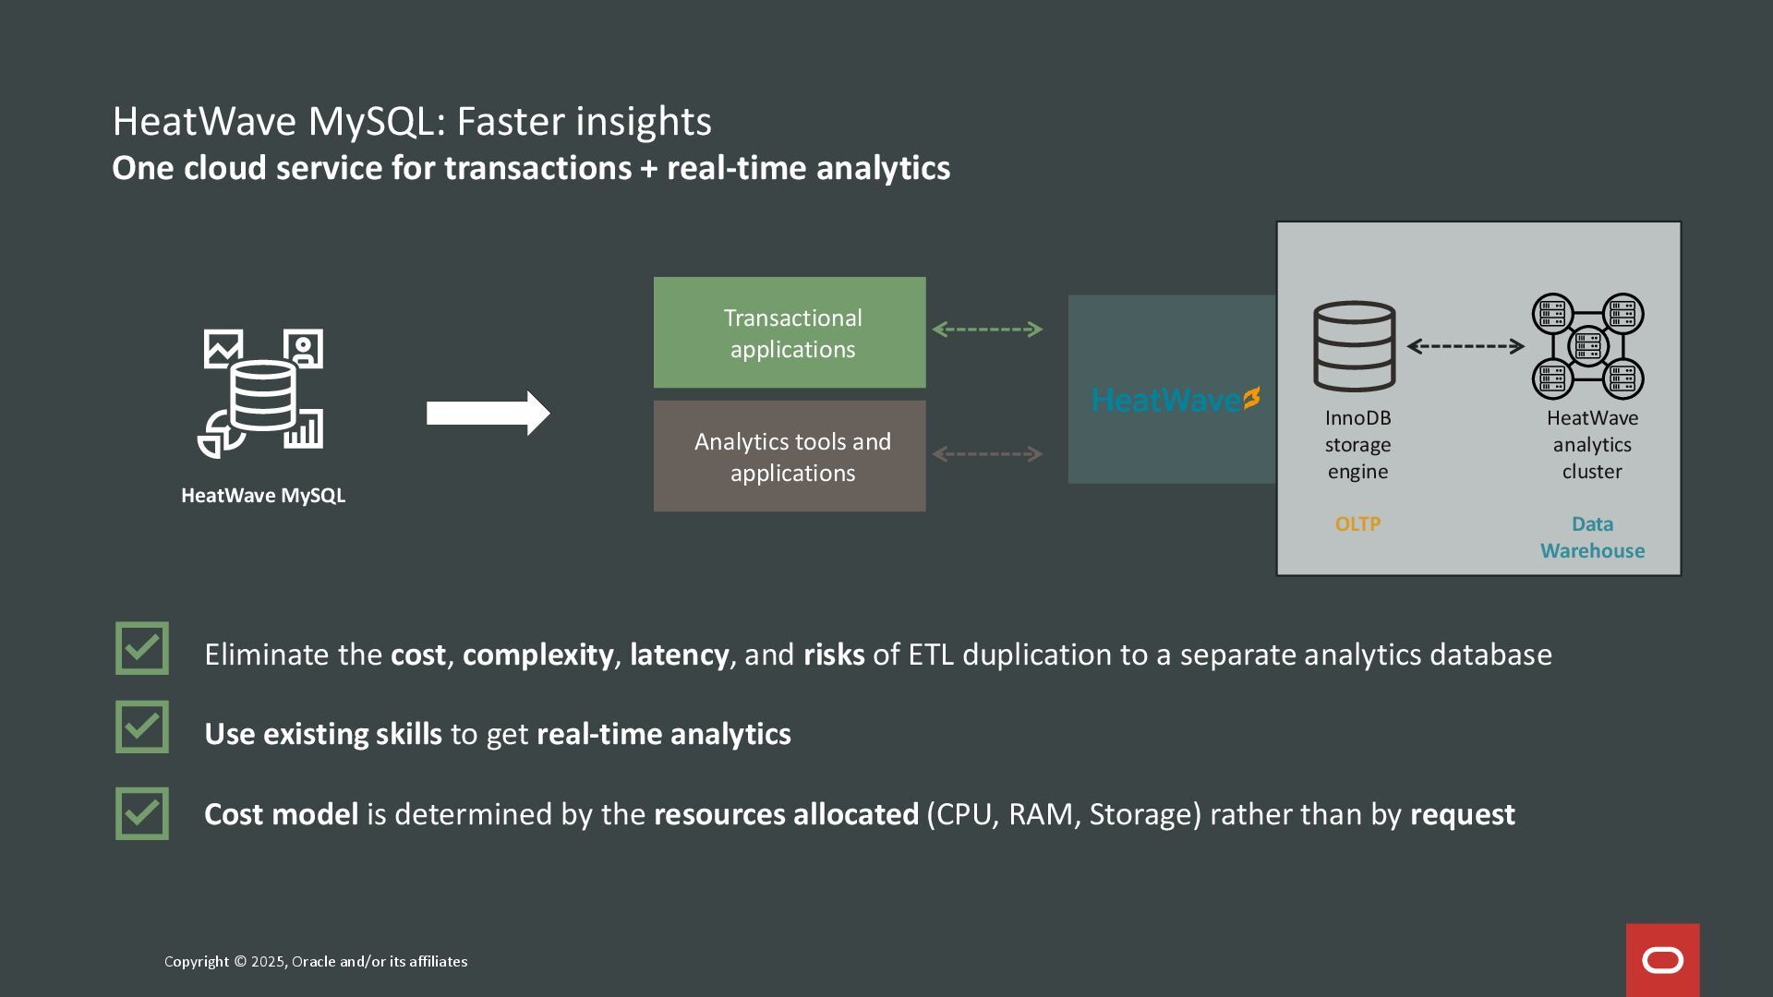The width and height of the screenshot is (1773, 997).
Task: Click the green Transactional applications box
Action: pos(790,332)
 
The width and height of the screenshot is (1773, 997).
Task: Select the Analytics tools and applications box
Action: pos(790,456)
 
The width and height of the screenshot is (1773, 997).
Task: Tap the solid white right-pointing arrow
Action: pos(488,413)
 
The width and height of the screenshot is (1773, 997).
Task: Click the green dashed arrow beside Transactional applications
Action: pos(987,330)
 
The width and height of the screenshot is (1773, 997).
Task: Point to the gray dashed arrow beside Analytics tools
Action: pos(987,454)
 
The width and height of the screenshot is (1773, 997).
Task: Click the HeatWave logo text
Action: pos(1175,400)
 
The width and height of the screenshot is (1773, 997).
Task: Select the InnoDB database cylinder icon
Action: pos(1355,346)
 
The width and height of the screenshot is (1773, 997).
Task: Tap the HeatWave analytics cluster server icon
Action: pos(1588,346)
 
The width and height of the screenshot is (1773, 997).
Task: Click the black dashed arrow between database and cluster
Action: pos(1465,346)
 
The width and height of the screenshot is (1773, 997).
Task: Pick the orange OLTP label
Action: pos(1357,524)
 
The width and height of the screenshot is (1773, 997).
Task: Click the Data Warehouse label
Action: pos(1592,537)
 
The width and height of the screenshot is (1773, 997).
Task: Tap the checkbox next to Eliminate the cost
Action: pos(142,648)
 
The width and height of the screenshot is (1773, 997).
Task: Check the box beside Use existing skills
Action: pos(142,727)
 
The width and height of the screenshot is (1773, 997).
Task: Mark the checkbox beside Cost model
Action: pos(142,813)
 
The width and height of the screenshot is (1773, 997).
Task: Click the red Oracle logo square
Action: pos(1662,960)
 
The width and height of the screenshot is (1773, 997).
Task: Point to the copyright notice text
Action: pos(316,962)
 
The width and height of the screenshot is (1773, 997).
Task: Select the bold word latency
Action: pos(679,655)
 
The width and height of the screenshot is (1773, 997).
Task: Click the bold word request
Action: pos(1462,814)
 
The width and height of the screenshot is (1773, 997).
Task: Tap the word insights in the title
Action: pos(650,122)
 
